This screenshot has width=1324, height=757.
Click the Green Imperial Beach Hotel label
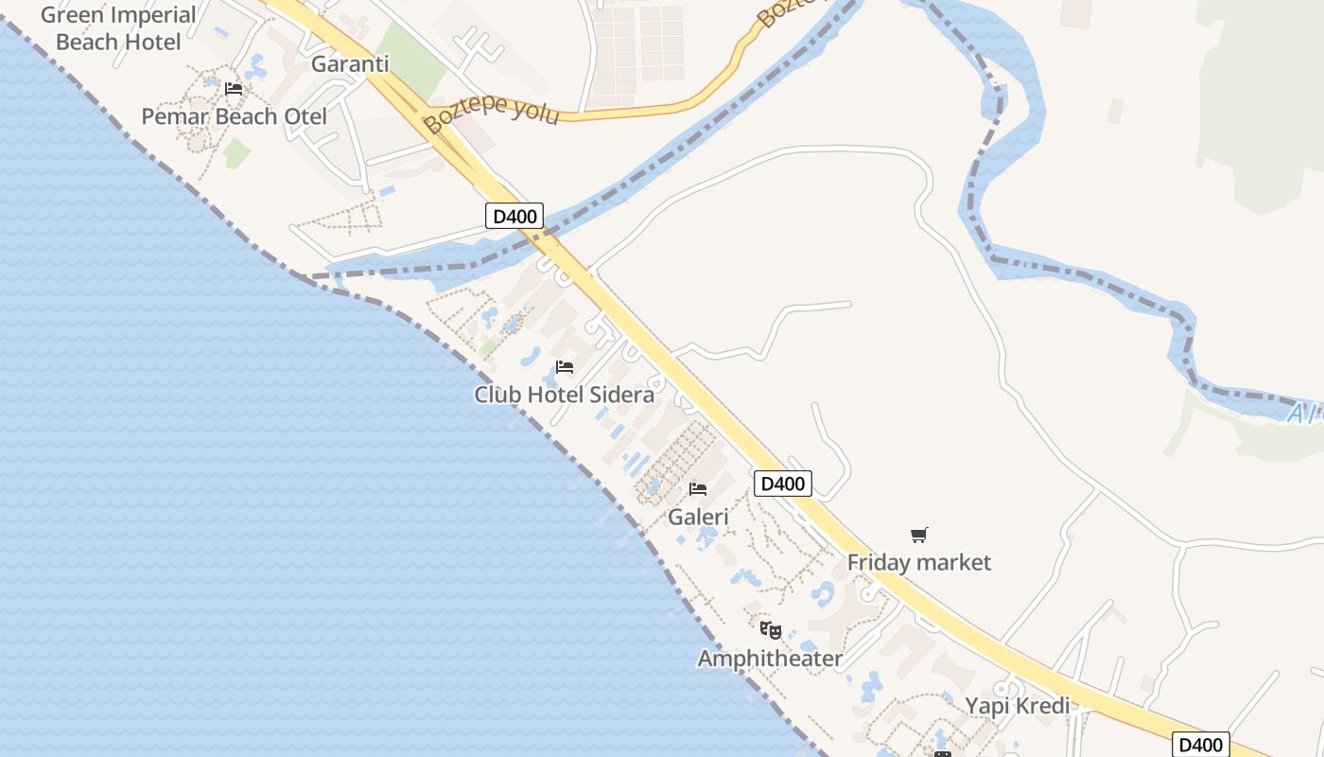(x=118, y=28)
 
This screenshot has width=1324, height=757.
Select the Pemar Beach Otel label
(x=234, y=116)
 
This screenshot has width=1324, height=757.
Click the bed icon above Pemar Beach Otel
(x=234, y=89)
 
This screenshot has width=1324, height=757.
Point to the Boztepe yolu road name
(x=491, y=112)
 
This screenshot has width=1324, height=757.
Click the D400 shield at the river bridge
(x=514, y=217)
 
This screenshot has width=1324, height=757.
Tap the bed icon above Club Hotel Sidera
(x=565, y=367)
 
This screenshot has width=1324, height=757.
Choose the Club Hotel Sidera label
(x=564, y=395)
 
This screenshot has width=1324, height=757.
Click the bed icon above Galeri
(x=698, y=489)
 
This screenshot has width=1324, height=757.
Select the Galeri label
(x=698, y=517)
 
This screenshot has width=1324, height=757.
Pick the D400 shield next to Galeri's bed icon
(x=783, y=484)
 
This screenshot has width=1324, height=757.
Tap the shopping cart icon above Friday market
(x=918, y=536)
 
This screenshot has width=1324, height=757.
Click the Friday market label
(x=918, y=562)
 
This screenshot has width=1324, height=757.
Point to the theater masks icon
(x=771, y=629)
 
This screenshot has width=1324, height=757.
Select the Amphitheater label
(x=770, y=658)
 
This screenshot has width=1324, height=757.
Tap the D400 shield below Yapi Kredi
(x=1201, y=745)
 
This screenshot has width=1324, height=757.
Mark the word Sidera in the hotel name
(x=621, y=395)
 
